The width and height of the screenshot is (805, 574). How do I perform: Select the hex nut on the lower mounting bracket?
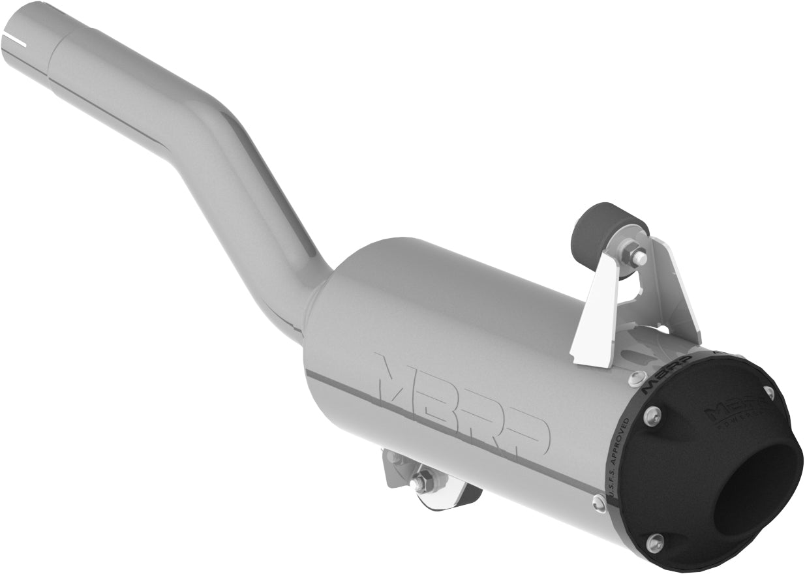coord(421,483)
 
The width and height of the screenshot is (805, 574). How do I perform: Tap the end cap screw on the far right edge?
coord(769,393)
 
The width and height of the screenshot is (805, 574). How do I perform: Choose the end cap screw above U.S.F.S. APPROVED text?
coord(652,415)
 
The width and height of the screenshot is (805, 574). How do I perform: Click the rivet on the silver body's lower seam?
coord(599,502)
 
